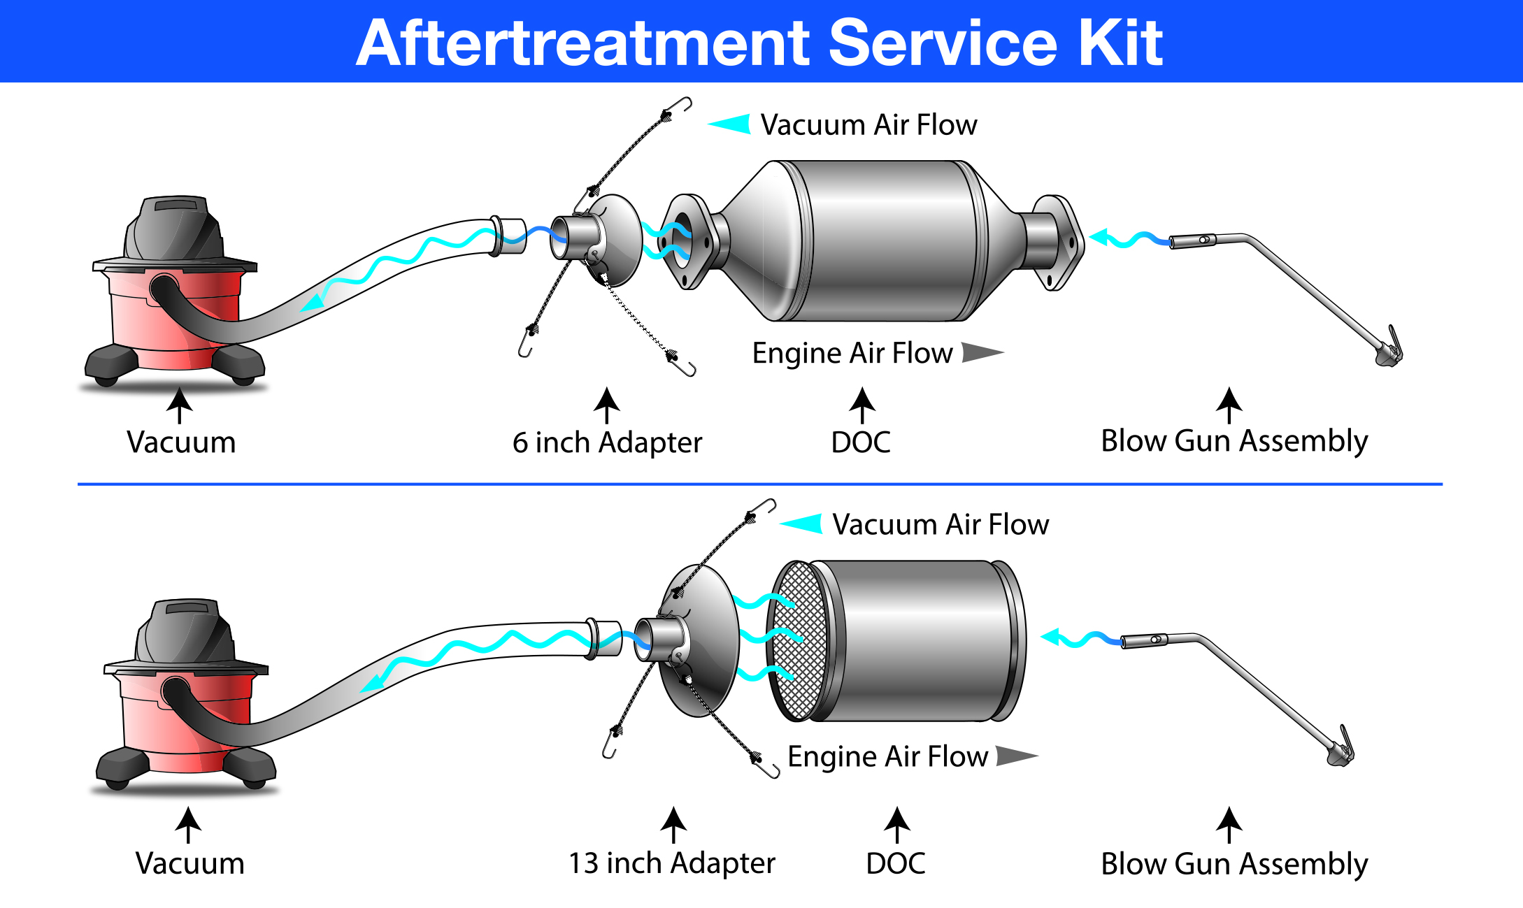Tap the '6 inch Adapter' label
[x=607, y=443]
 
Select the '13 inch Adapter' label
[x=671, y=864]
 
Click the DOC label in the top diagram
[x=861, y=442]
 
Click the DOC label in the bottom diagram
[x=895, y=864]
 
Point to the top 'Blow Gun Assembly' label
[x=1234, y=442]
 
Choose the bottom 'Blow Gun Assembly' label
[x=1234, y=865]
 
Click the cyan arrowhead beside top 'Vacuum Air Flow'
[x=731, y=124]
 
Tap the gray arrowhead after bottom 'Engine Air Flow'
[x=1015, y=756]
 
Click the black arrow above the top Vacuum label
[x=180, y=405]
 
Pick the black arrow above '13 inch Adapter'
[x=673, y=825]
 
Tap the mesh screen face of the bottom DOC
[x=797, y=640]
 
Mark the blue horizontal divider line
[x=759, y=484]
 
